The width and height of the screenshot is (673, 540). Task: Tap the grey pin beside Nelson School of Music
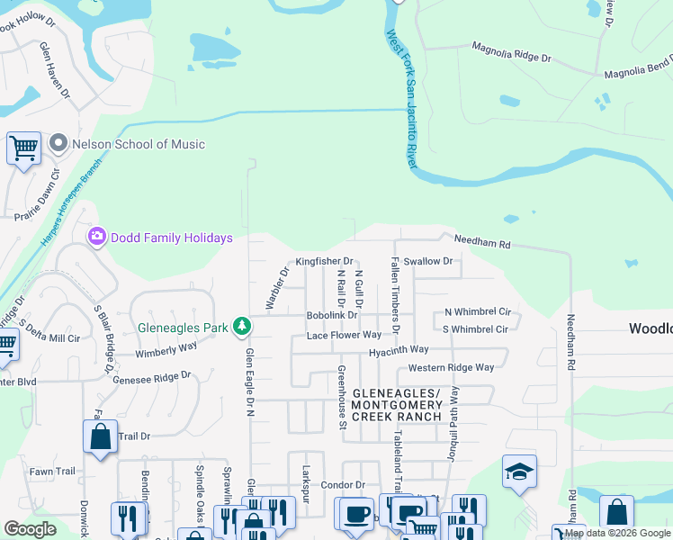59,144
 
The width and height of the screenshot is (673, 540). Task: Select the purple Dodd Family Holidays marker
96,238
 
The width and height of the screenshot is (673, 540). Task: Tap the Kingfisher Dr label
324,261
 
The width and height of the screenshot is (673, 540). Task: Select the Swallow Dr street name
432,261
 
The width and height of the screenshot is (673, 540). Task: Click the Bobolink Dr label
332,316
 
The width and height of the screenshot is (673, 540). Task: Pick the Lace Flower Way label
344,335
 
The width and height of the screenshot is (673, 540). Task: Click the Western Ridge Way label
451,367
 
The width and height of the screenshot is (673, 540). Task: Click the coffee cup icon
356,513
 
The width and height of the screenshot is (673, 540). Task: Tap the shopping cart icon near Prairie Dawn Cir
23,148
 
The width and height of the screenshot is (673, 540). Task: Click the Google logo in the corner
31,528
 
